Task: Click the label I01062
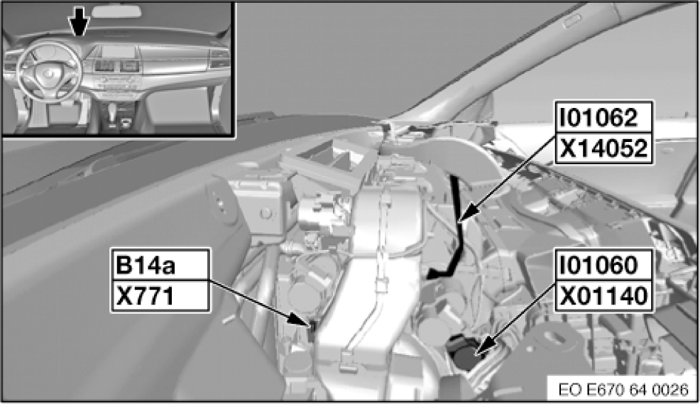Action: (x=598, y=118)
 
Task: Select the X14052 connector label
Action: (x=603, y=148)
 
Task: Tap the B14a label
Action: (x=146, y=265)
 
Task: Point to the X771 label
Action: (x=145, y=296)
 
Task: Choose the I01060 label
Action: (x=598, y=265)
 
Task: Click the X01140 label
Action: (x=603, y=296)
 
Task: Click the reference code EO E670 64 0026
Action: (x=623, y=390)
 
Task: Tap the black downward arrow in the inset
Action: (x=79, y=21)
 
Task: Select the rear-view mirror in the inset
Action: (x=116, y=11)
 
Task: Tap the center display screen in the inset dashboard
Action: (x=118, y=52)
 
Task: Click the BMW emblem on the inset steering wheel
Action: (x=48, y=72)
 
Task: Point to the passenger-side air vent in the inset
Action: (x=219, y=58)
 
